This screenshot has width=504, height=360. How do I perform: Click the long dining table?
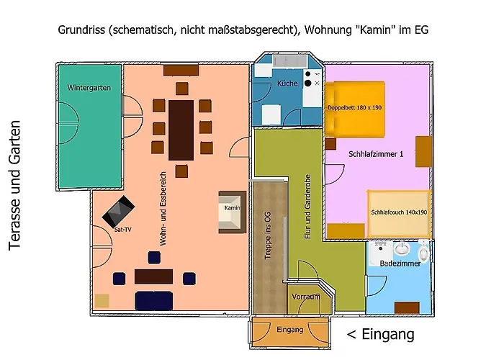[x=181, y=130]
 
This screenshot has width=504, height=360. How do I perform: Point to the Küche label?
[x=287, y=84]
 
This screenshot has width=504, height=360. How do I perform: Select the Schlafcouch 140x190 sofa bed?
[x=399, y=213]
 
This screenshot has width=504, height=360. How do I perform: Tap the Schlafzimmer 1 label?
[x=376, y=154]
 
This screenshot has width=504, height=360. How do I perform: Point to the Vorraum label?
[x=305, y=297]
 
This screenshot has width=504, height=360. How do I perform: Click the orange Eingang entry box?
[x=290, y=330]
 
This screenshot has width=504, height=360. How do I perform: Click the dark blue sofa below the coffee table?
[x=153, y=300]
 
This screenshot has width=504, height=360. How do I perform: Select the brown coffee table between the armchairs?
[x=153, y=276]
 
